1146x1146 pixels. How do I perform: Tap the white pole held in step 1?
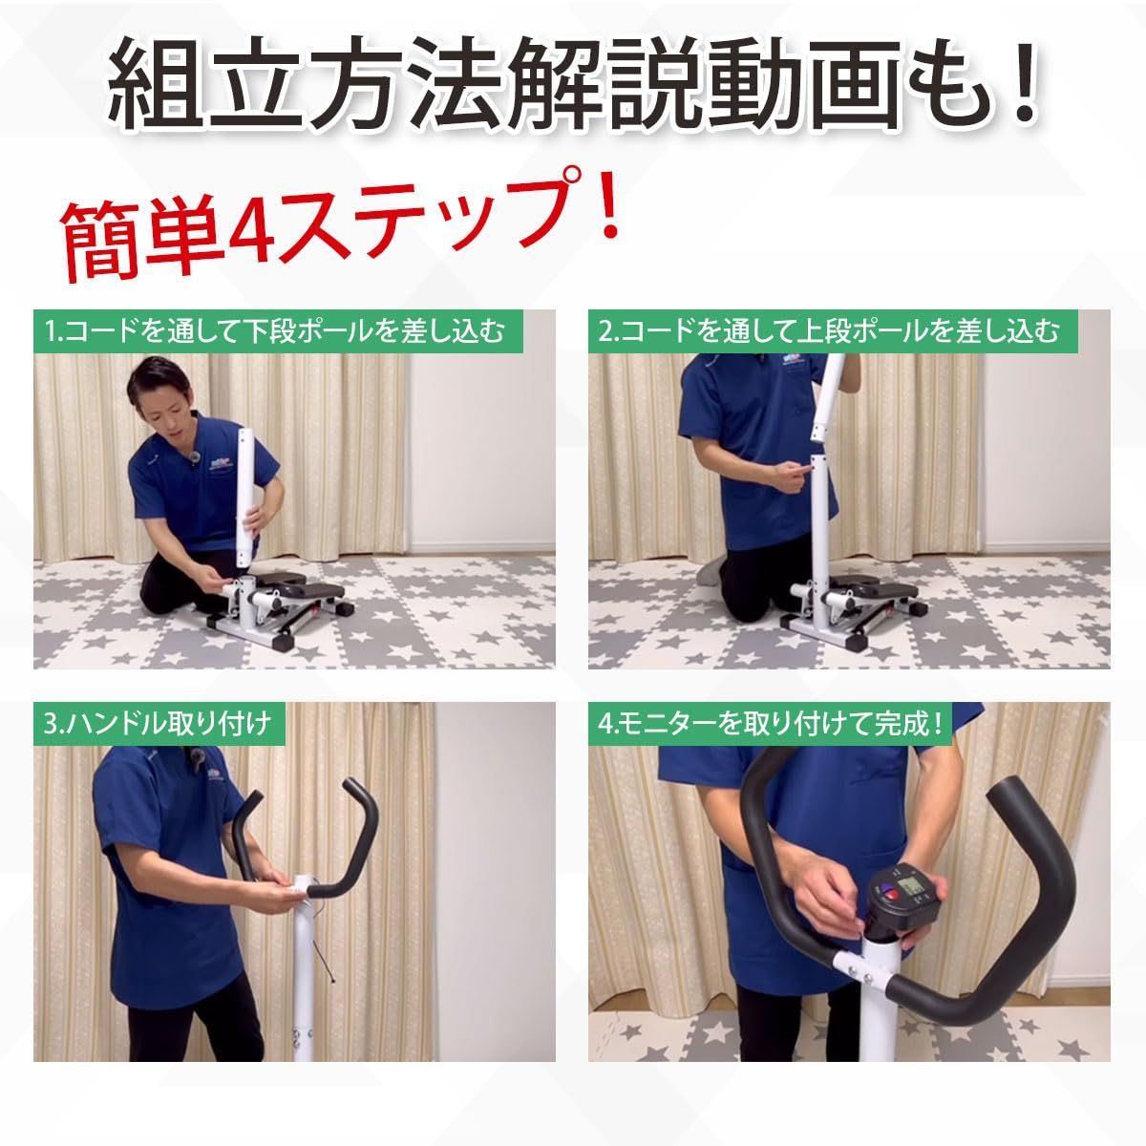pyautogui.click(x=248, y=497)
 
